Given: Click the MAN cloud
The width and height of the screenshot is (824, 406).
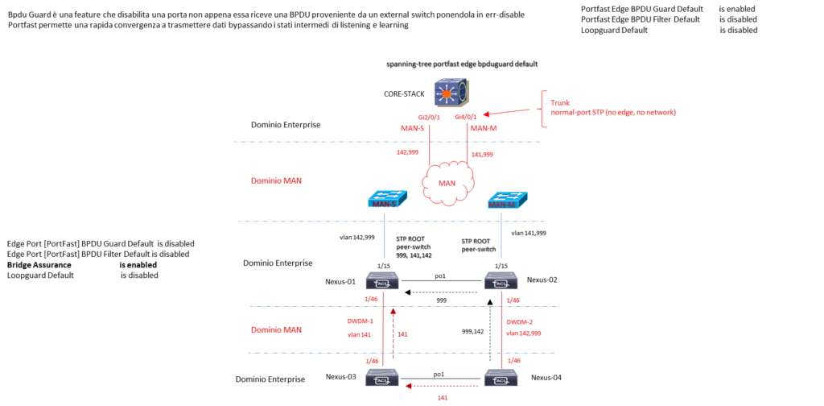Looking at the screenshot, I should coord(447,184).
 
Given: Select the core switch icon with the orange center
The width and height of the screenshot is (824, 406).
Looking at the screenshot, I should coord(451,93).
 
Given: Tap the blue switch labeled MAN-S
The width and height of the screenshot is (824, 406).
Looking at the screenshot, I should coord(387,199).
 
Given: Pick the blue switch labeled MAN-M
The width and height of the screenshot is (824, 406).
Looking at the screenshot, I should coord(508,201).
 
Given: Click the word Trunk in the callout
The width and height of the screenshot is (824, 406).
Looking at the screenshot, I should coord(560,103).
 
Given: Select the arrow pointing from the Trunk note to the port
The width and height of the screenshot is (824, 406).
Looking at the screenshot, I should coord(507,112).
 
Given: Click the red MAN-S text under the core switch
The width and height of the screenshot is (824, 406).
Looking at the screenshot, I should coord(412,128).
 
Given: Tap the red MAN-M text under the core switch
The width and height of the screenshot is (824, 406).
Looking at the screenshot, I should coord(484,128).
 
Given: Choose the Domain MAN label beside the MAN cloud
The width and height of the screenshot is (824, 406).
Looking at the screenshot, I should coord(276,180).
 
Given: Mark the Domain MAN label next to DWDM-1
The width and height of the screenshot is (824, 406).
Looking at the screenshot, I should coord(276,329).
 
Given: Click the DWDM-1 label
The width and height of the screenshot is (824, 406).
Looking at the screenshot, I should coord(360,321).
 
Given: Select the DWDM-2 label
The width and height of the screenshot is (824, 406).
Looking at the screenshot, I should coord(519,321).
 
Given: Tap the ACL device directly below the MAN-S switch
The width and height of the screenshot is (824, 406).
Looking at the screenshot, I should coord(382,281).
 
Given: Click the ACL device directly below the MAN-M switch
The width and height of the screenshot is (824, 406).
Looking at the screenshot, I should coord(501,281).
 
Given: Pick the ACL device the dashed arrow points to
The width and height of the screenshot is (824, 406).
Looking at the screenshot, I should coord(382,378).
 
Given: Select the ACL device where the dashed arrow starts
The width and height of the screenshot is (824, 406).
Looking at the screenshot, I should coord(501,378).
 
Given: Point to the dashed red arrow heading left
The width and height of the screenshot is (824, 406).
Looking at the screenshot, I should coord(443,386).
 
